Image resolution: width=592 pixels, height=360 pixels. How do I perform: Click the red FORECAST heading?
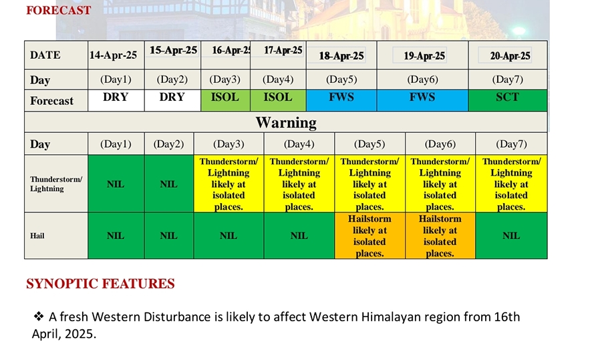click(59, 10)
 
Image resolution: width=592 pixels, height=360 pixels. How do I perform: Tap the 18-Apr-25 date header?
click(341, 55)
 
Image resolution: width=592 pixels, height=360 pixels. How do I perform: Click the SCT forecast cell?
click(508, 100)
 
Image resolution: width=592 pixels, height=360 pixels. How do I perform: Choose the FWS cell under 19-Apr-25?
click(422, 100)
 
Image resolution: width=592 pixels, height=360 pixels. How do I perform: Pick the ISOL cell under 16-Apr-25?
click(225, 100)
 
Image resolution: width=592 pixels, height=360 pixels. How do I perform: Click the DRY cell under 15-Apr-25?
click(172, 100)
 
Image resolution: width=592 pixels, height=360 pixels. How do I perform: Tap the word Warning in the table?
click(286, 122)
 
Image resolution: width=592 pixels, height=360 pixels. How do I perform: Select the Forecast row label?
click(51, 101)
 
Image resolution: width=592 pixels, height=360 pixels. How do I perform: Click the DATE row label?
click(45, 55)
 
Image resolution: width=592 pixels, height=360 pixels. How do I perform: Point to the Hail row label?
click(37, 236)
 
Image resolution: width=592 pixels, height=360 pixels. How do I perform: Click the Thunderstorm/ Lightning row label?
click(56, 184)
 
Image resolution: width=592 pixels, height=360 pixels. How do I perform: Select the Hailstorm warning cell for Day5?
click(369, 236)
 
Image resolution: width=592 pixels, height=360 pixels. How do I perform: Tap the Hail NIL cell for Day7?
click(511, 236)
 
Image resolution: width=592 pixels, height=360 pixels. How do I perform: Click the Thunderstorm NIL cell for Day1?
click(116, 184)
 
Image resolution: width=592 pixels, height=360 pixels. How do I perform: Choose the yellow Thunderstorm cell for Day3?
click(229, 184)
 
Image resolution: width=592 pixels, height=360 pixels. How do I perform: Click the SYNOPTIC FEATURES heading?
click(100, 284)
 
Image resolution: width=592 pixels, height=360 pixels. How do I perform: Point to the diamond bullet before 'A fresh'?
click(39, 316)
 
